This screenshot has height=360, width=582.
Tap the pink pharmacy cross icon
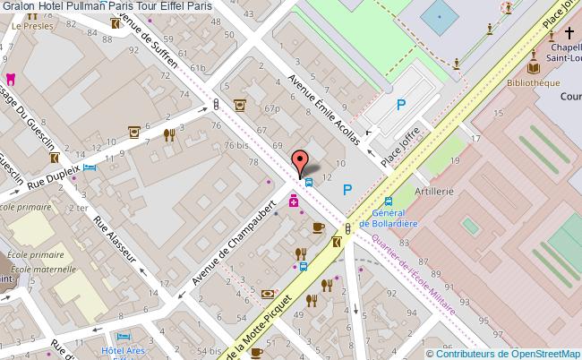[293, 203]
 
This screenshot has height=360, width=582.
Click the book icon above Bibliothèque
[534, 68]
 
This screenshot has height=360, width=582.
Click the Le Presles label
[28, 27]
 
